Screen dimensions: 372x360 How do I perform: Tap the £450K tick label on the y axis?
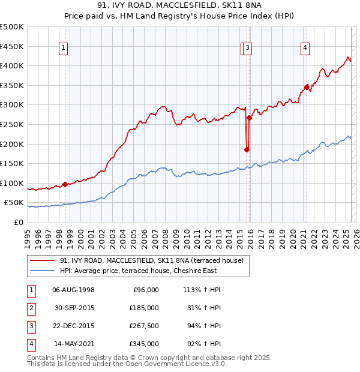(x=12, y=46)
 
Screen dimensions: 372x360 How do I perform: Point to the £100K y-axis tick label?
(x=12, y=183)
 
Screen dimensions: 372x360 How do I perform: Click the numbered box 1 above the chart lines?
(x=63, y=49)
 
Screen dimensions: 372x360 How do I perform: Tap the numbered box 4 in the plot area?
(x=305, y=49)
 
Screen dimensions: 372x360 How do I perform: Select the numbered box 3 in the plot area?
(x=248, y=49)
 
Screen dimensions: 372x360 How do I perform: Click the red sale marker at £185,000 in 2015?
(x=247, y=149)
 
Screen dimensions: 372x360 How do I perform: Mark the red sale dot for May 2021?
(x=307, y=87)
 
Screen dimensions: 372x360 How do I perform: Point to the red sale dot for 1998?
(x=65, y=184)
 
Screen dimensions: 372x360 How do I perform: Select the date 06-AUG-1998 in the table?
(x=74, y=290)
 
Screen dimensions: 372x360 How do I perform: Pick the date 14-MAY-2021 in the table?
(x=74, y=344)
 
